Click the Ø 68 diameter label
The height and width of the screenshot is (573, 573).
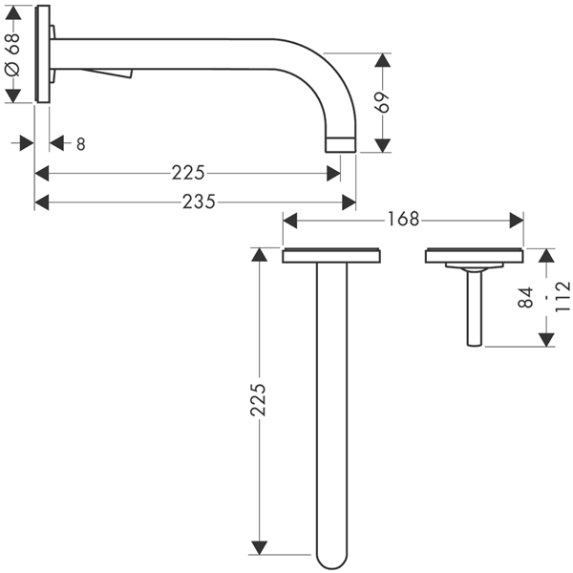point(13,54)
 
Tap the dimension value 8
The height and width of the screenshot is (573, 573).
point(81,144)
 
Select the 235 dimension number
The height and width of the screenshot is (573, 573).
point(200,202)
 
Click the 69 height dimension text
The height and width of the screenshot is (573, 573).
point(383,102)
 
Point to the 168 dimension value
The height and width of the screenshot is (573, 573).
point(403,220)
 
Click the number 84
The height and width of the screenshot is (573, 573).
point(526,297)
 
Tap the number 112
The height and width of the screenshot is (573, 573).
point(562,296)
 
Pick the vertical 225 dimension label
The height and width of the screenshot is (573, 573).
point(258,400)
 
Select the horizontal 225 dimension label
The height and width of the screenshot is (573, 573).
point(188,173)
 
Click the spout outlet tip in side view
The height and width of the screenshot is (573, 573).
point(341,145)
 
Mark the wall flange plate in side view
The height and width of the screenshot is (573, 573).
point(42,54)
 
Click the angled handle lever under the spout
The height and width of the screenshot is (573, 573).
point(107,74)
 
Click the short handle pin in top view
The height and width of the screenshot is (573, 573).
point(475,307)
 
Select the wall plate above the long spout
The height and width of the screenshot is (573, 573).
point(331,255)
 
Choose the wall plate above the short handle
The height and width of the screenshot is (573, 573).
point(475,255)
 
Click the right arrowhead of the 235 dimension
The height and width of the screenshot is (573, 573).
point(349,202)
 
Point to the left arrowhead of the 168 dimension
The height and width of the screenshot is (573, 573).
point(289,221)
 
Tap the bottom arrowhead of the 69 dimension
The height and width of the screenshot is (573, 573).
point(383,145)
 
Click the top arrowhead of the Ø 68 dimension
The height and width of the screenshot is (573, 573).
point(13,12)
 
